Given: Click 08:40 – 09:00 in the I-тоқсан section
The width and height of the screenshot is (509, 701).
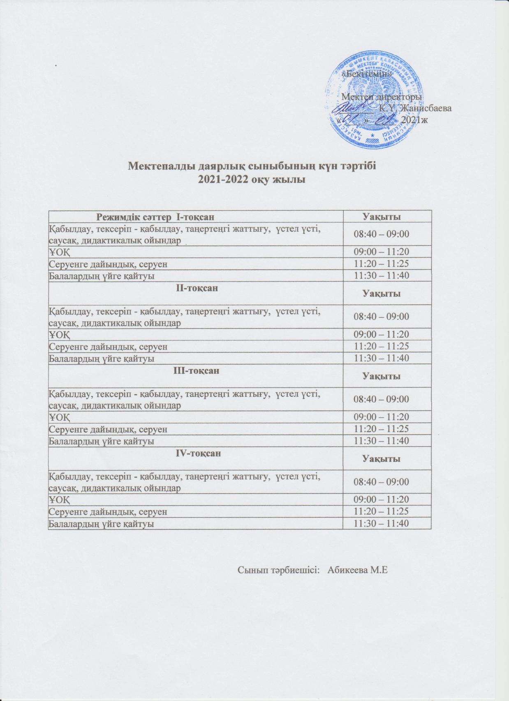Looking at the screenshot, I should [x=382, y=234].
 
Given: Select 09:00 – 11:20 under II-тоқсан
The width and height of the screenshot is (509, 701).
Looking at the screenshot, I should [x=382, y=334].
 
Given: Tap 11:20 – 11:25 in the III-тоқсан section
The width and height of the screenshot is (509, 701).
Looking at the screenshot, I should [x=382, y=429].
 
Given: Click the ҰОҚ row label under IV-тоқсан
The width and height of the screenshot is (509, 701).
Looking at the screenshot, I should [x=59, y=500].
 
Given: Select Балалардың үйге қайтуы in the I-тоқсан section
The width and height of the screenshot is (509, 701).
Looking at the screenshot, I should [x=102, y=276].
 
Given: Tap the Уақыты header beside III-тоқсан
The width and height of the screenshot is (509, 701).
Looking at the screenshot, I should [x=381, y=376].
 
